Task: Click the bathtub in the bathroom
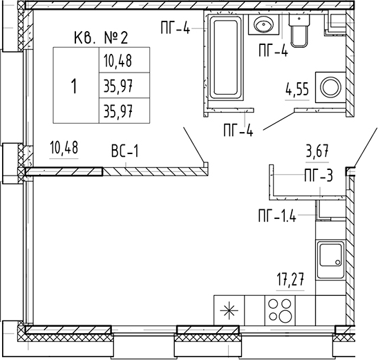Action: [225, 57]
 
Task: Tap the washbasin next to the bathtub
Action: [263, 24]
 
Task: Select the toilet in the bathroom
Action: [299, 30]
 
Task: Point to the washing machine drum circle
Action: [330, 87]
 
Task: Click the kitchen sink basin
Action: [330, 260]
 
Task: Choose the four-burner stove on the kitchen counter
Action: [281, 310]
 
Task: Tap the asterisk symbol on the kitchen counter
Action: [229, 310]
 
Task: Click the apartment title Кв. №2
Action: [101, 38]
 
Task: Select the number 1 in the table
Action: [74, 86]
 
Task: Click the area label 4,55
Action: [297, 89]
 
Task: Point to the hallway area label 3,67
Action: [317, 151]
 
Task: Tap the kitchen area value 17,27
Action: [290, 279]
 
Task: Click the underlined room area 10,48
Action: [64, 148]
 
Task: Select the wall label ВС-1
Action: [125, 151]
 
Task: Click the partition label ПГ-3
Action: [319, 176]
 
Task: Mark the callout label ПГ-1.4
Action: [277, 216]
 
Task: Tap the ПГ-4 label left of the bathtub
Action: [176, 28]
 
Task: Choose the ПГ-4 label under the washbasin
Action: [273, 50]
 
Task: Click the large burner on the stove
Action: [285, 315]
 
